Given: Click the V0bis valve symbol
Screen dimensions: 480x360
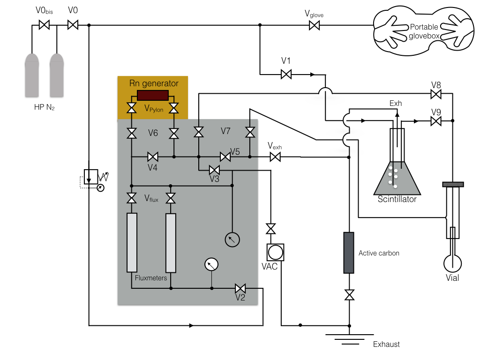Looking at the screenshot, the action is point(45,25).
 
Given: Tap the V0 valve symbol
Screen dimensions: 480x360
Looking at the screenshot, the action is point(73,25).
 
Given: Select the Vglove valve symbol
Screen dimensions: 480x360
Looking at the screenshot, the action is point(315,25).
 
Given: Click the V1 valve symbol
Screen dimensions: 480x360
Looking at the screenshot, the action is point(286,75).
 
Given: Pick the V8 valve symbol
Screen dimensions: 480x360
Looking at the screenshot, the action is point(436,94).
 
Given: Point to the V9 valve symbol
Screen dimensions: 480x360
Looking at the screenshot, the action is point(436,121).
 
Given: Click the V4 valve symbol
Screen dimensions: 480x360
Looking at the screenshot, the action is point(153,157).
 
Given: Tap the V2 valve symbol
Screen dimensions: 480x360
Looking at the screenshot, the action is point(240,288).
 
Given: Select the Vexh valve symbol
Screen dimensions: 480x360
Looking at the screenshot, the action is point(275,157).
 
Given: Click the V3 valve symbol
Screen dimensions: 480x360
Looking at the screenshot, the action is point(214,170).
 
